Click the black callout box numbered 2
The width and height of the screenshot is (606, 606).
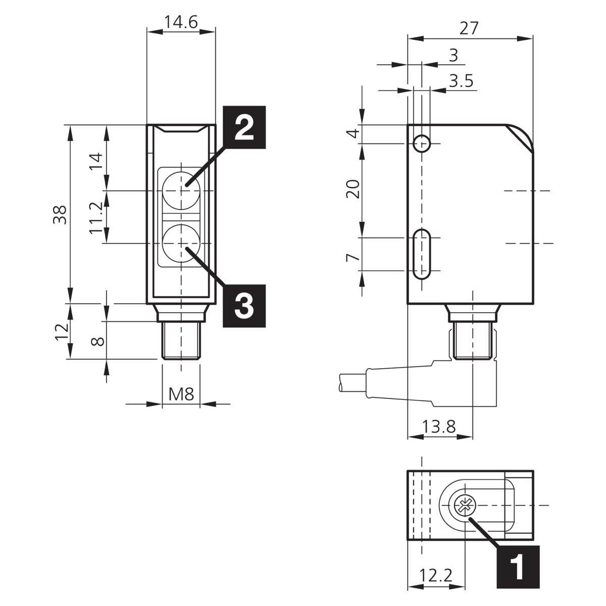coord(244,127)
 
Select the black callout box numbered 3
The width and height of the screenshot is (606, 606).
coord(244,306)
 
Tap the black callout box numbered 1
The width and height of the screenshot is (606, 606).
coord(518,567)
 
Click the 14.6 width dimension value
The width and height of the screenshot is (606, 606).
coord(181,22)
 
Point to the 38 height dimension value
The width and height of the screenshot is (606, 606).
coord(60,215)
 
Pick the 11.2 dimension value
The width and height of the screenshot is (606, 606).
coord(96,218)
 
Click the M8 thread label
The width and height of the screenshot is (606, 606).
coord(181,394)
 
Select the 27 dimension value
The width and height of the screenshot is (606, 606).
coord(469,28)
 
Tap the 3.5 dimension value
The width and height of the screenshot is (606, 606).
coord(461,81)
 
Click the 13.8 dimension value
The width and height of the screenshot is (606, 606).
coord(439,427)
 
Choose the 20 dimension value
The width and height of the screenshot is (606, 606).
coord(353,189)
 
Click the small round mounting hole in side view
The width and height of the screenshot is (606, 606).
coord(421,144)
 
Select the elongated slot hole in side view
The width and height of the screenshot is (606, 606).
coord(421,254)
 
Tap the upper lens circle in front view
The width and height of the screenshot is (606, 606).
coord(181,191)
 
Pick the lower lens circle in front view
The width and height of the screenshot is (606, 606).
coord(181,243)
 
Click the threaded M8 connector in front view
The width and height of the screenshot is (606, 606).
coord(181,340)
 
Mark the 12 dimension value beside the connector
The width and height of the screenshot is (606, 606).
coord(62,331)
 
